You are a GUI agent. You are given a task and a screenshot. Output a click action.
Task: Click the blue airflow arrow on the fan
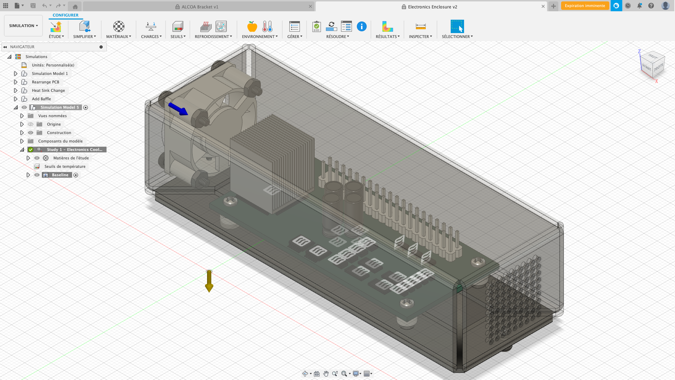[x=179, y=109]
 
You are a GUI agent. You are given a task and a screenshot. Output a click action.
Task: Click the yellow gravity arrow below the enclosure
[x=209, y=281]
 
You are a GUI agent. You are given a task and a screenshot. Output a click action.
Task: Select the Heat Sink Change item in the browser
[x=48, y=90]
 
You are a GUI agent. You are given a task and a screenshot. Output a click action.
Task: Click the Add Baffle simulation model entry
[x=41, y=99]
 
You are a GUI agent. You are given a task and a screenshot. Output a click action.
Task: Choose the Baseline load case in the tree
[x=60, y=175]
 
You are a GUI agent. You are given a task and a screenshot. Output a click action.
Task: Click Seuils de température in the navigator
[x=65, y=166]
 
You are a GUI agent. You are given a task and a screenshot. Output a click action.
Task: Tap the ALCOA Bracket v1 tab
[x=200, y=7]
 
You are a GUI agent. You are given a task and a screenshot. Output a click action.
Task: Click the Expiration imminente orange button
[x=585, y=6]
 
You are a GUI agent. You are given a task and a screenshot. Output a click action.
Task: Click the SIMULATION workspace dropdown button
[x=23, y=26]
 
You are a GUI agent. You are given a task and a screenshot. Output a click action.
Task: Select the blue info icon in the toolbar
[x=361, y=26]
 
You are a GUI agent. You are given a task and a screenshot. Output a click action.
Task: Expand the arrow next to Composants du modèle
[x=22, y=141]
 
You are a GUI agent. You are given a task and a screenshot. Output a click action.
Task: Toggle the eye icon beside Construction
[x=31, y=133]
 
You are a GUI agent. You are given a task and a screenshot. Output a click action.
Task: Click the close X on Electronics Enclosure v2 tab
[x=543, y=6]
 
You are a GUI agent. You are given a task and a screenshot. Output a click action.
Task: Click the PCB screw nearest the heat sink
[x=230, y=201]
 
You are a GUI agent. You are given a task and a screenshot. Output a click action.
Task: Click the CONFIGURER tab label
[x=65, y=15]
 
